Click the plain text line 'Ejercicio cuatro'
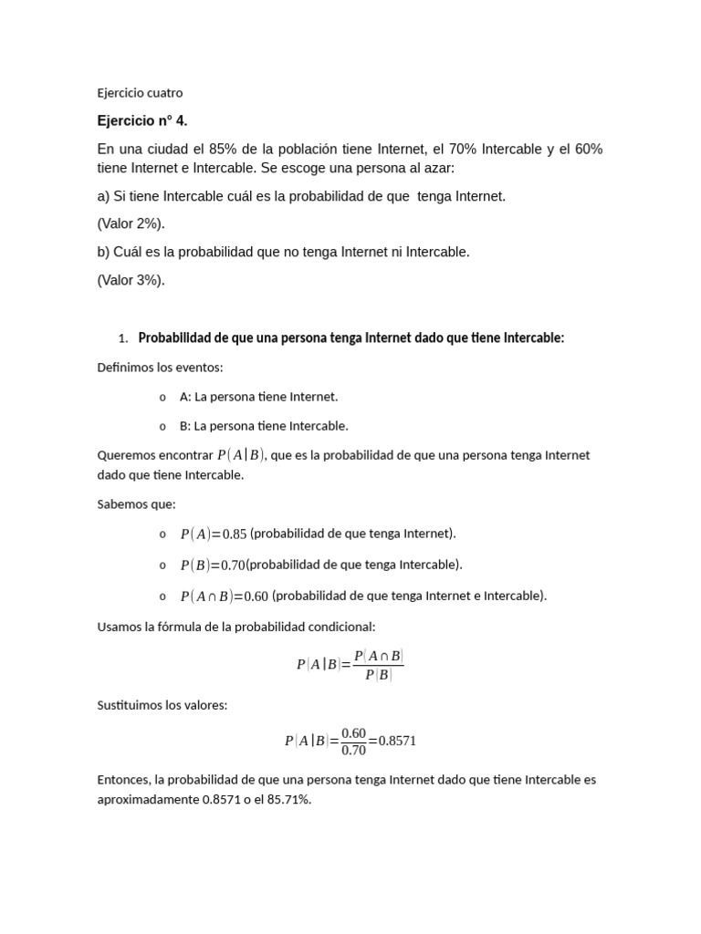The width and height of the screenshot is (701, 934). [140, 92]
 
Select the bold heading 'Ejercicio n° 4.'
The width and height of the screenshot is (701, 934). [142, 120]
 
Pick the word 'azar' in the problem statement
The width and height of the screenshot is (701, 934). [437, 169]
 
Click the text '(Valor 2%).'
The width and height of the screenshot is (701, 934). [131, 223]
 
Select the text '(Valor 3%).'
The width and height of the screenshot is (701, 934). [131, 280]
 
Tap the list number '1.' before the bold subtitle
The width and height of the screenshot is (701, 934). [123, 338]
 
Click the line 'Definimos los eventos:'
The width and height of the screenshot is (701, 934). [160, 368]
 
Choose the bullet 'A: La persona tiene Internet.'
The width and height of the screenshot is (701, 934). [258, 397]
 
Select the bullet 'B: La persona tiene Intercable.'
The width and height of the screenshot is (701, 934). [264, 426]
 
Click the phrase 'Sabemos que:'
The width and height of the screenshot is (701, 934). [136, 504]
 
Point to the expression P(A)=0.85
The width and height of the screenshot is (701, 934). [214, 534]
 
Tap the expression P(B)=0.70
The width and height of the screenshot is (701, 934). [213, 566]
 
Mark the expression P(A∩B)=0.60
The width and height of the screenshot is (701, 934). [224, 597]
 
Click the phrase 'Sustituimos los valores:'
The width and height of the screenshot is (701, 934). [162, 705]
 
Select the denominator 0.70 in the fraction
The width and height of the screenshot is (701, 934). [353, 751]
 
